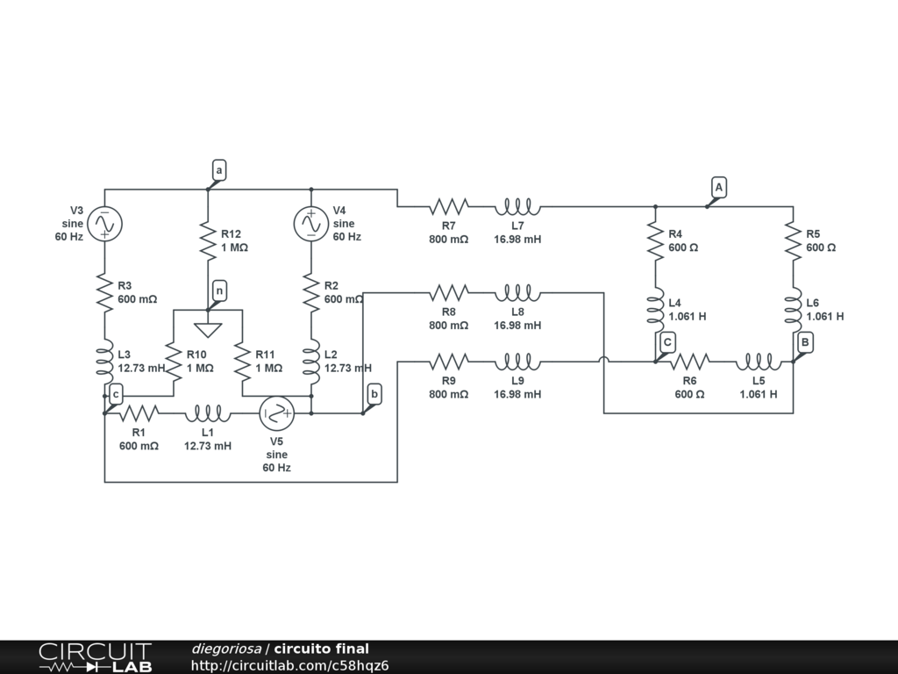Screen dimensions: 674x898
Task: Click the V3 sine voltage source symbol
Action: [x=104, y=224]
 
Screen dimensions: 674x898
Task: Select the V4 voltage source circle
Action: [x=311, y=224]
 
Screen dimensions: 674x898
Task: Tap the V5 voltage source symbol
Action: [x=276, y=412]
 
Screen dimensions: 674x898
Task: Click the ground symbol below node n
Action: [x=208, y=329]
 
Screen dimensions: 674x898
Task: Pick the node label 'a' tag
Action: [x=219, y=169]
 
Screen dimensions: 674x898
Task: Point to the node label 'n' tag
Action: [x=219, y=290]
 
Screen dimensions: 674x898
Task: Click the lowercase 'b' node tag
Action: [x=374, y=394]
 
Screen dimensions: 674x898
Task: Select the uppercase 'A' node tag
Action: [x=718, y=187]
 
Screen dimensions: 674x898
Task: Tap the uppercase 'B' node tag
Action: [x=805, y=342]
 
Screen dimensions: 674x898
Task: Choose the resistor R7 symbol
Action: [x=448, y=207]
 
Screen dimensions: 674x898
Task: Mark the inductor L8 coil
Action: [x=517, y=291]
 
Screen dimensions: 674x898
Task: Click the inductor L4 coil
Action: [x=655, y=310]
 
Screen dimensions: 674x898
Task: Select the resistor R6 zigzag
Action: [x=689, y=361]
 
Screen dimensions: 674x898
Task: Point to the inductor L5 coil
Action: [x=759, y=361]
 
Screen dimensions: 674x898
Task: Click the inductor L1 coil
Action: [x=208, y=412]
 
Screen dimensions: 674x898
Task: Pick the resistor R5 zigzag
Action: [x=793, y=241]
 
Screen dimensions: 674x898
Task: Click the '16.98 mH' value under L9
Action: [x=517, y=394]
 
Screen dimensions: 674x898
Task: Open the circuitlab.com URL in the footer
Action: [x=289, y=665]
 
